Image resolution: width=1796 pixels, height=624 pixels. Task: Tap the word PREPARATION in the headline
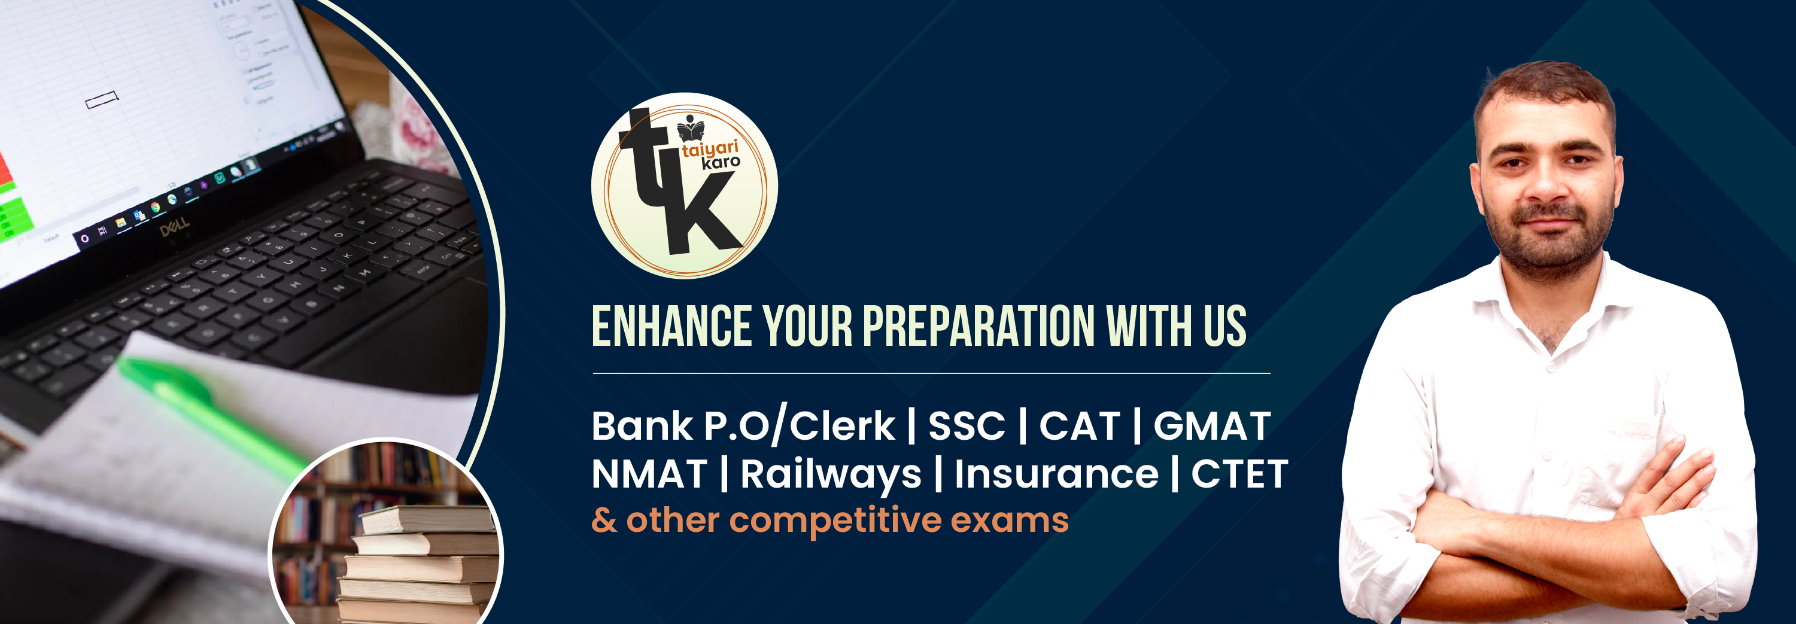(x=979, y=326)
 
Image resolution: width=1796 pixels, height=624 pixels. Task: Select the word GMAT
(x=1212, y=426)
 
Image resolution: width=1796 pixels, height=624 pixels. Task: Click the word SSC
(x=967, y=426)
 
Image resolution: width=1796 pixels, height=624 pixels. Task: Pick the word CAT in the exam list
(x=1079, y=426)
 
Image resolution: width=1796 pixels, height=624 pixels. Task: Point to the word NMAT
(x=649, y=474)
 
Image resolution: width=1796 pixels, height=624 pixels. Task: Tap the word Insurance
(x=1056, y=474)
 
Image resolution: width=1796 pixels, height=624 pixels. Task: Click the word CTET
(x=1239, y=474)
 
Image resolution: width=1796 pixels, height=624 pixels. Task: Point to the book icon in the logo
(x=690, y=127)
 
